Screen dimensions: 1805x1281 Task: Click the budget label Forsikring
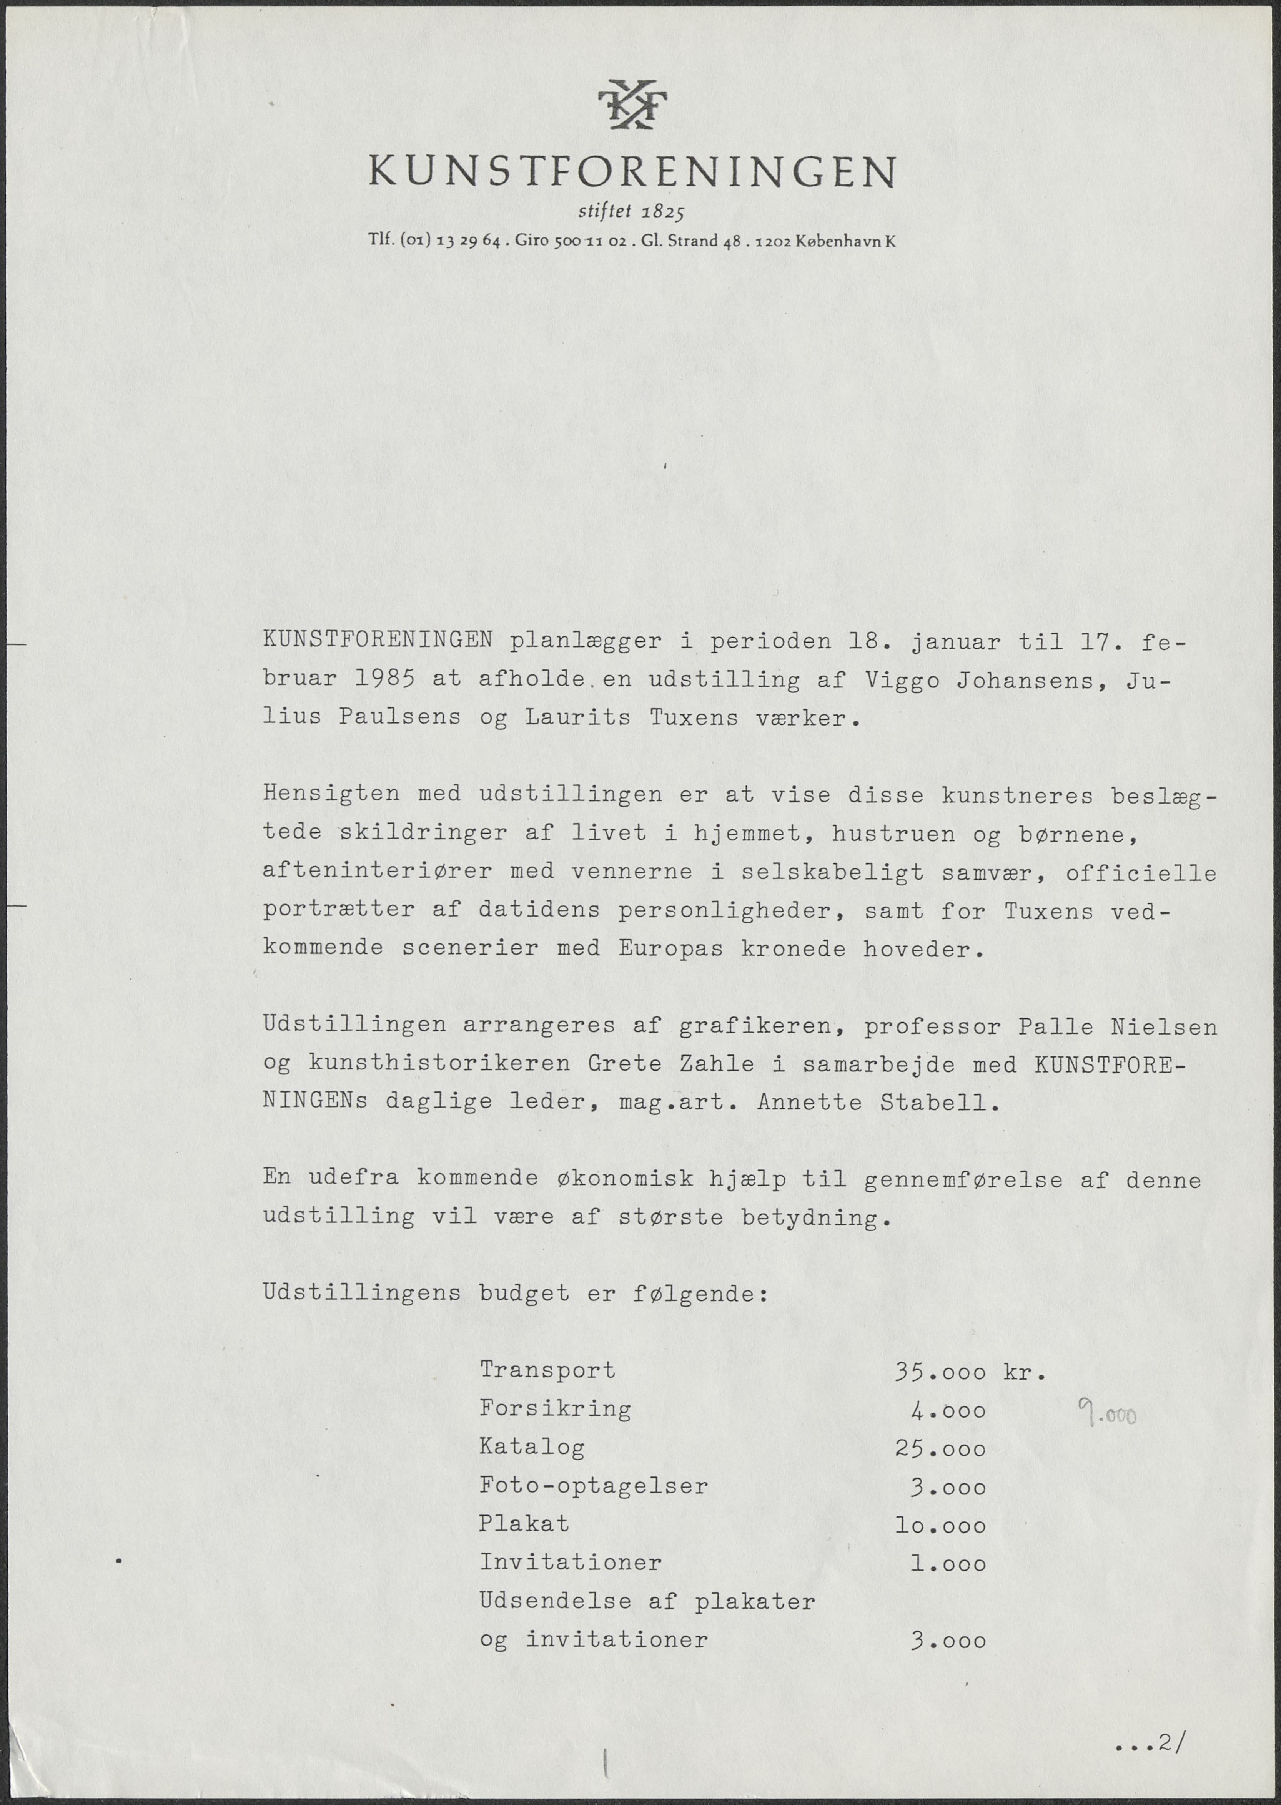click(555, 1408)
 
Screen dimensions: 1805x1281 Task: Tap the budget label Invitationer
click(570, 1562)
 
